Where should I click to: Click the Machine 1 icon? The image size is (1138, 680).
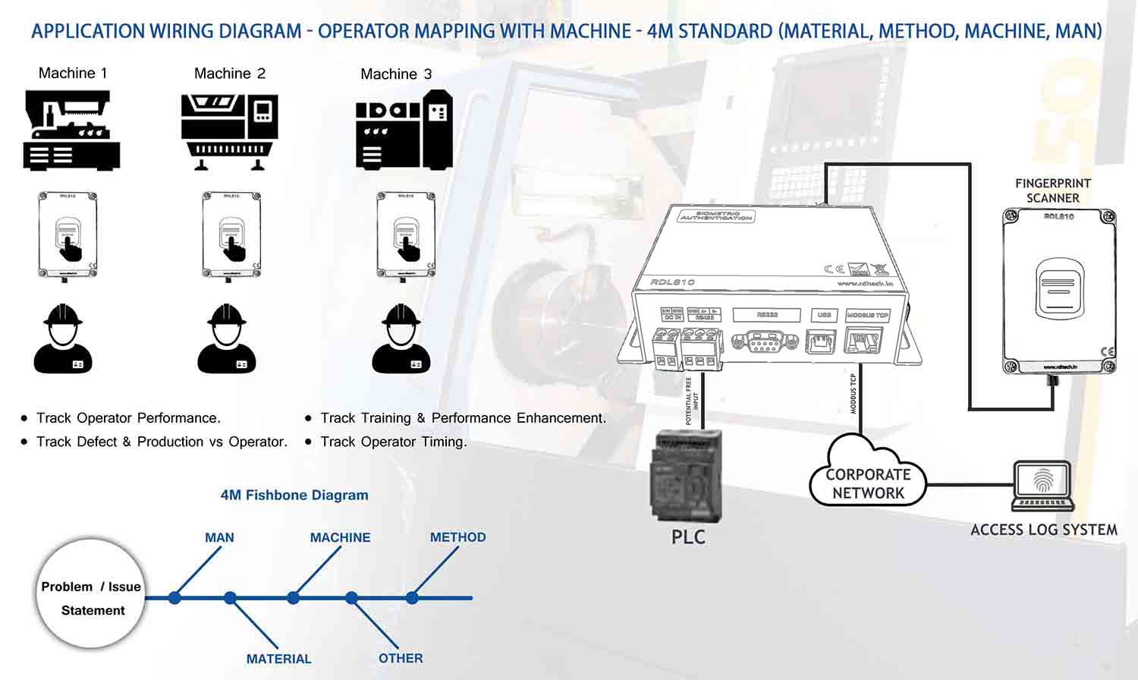[x=71, y=130]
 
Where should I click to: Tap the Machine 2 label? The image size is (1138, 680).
[x=230, y=74]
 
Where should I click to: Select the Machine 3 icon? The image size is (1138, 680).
[x=404, y=130]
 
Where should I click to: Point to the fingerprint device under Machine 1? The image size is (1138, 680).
[x=68, y=235]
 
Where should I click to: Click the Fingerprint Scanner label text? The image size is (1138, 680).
[x=1052, y=190]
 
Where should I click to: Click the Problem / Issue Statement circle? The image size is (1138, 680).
[x=91, y=594]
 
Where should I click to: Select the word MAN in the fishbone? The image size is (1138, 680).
[x=219, y=537]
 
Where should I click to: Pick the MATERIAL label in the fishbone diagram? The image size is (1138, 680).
[x=278, y=659]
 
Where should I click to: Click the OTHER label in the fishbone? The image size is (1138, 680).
[x=401, y=658]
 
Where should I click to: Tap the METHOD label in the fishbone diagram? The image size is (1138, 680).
[x=457, y=537]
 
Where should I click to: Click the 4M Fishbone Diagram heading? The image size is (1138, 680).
[x=294, y=495]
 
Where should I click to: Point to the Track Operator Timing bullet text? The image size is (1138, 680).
[x=393, y=442]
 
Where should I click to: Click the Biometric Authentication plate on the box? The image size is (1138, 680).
[x=715, y=217]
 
